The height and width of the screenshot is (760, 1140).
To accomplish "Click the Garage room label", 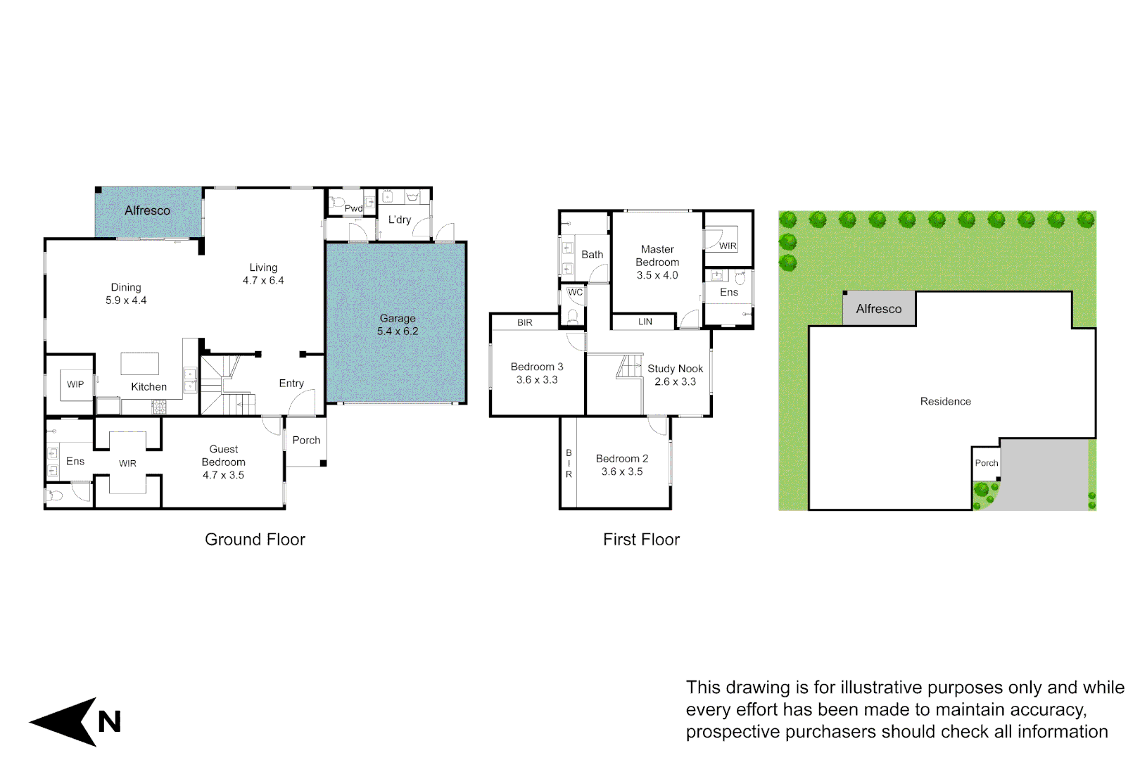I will pyautogui.click(x=398, y=318).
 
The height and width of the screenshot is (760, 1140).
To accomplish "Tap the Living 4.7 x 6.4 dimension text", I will pyautogui.click(x=263, y=280).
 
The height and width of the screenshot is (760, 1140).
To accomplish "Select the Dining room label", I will pyautogui.click(x=126, y=287).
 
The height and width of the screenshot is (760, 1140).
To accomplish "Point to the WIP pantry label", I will pyautogui.click(x=75, y=384).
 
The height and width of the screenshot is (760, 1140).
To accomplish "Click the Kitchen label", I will pyautogui.click(x=148, y=386).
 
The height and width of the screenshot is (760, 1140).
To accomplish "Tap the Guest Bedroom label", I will pyautogui.click(x=223, y=455).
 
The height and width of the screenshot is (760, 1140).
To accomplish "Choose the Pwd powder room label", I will pyautogui.click(x=353, y=208).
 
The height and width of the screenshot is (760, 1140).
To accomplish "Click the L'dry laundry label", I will pyautogui.click(x=400, y=220).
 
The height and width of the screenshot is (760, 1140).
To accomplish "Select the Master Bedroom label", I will pyautogui.click(x=657, y=255).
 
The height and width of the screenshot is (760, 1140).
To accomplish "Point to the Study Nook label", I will pyautogui.click(x=675, y=369).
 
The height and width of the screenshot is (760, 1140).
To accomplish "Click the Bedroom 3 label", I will pyautogui.click(x=537, y=367).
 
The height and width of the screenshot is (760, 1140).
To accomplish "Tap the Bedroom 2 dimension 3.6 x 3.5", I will pyautogui.click(x=622, y=471).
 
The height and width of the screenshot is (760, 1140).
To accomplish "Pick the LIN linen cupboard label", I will pyautogui.click(x=645, y=322).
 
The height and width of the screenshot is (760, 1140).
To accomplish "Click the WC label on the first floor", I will pyautogui.click(x=575, y=292).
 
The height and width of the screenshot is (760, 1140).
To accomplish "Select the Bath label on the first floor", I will pyautogui.click(x=592, y=255).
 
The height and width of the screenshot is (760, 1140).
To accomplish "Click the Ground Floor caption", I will pyautogui.click(x=255, y=540).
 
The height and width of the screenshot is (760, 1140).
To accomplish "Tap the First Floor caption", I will pyautogui.click(x=641, y=540).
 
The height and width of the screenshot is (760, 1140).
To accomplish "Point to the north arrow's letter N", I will pyautogui.click(x=109, y=722).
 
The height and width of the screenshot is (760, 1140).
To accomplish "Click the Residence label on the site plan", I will pyautogui.click(x=945, y=401).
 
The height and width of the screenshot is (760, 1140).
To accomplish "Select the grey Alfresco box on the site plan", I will pyautogui.click(x=879, y=309).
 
